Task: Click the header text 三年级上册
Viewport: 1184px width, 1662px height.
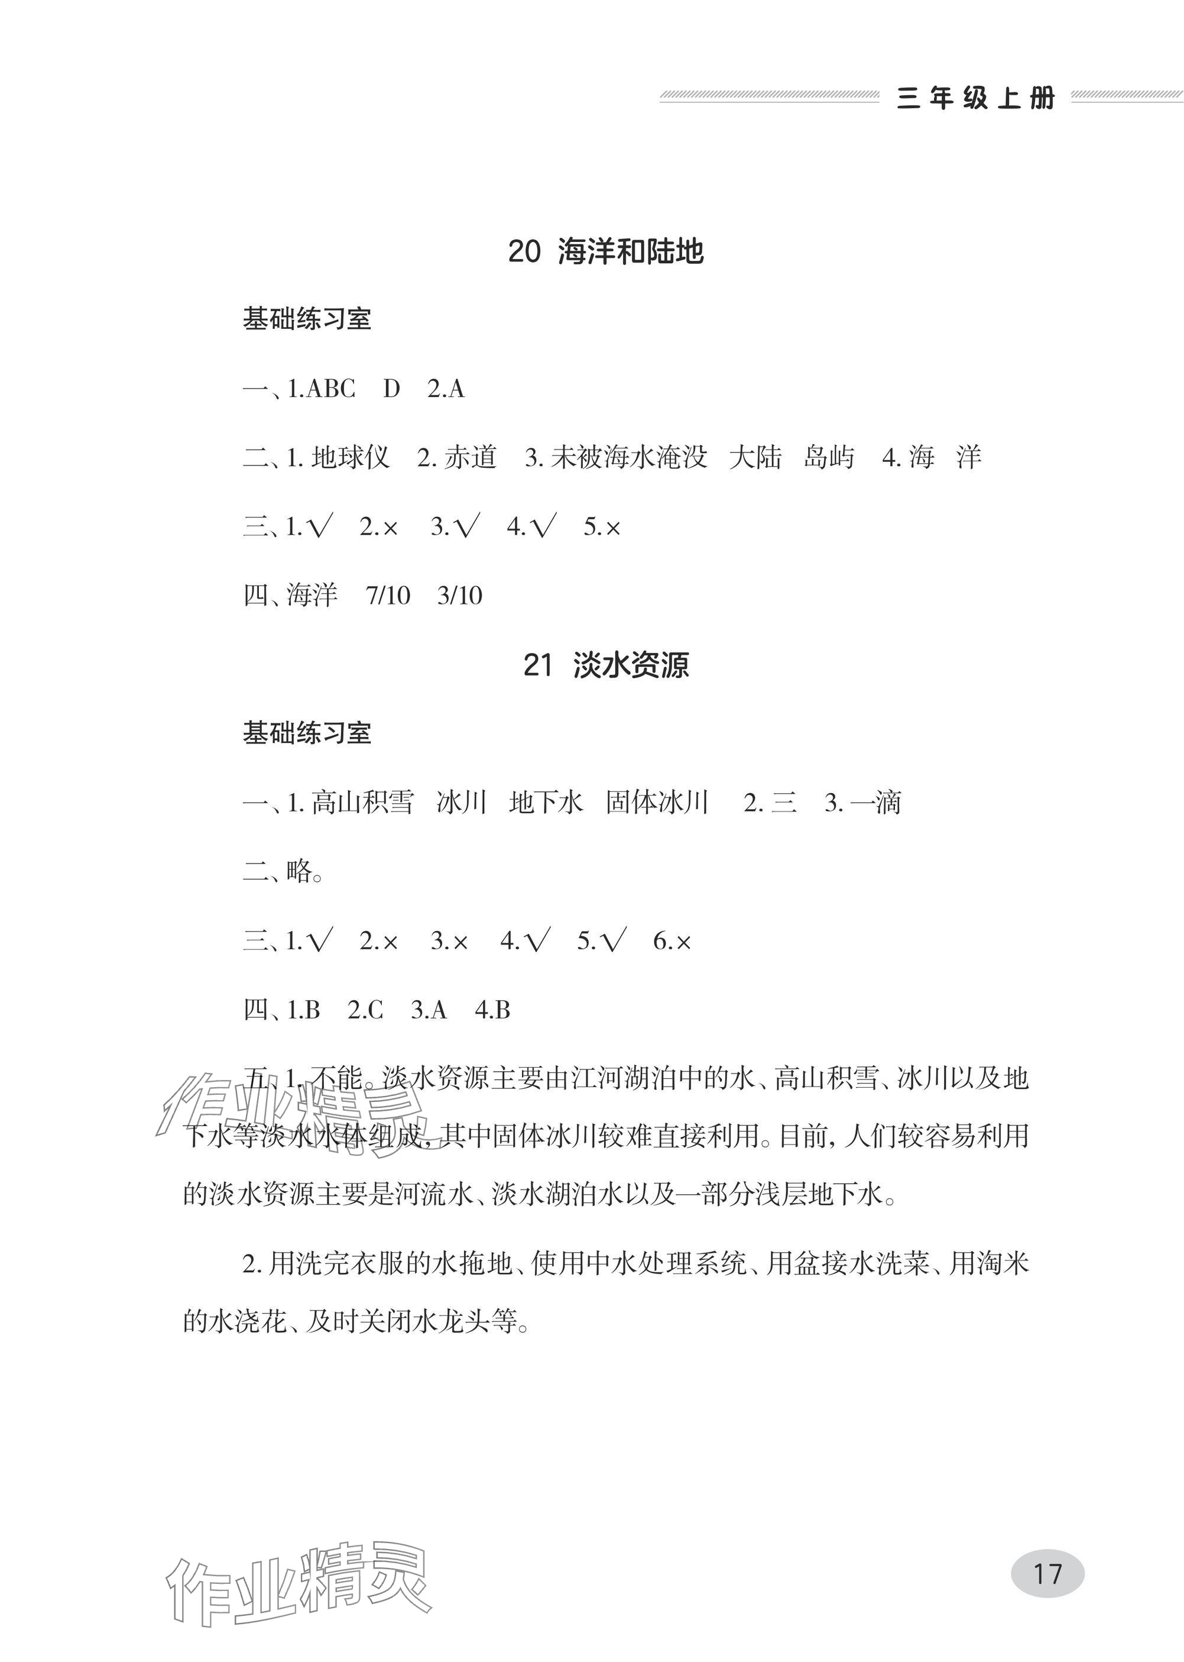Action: point(975,98)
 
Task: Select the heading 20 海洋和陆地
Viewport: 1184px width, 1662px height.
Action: point(605,251)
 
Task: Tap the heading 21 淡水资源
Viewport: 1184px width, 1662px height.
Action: point(605,665)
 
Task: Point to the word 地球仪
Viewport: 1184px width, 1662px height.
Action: point(351,458)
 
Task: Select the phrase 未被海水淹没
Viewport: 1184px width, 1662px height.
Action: point(629,458)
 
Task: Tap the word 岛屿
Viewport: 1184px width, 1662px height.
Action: point(829,458)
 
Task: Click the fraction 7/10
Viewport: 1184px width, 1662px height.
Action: point(388,596)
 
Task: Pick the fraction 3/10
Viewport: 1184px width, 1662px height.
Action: point(459,596)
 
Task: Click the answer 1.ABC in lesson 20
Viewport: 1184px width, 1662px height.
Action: point(321,389)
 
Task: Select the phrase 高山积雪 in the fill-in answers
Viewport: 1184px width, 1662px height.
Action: point(362,803)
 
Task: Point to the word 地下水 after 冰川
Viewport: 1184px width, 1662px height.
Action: point(546,803)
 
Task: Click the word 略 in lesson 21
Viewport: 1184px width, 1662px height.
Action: point(300,871)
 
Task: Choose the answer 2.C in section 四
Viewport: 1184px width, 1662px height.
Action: point(365,1010)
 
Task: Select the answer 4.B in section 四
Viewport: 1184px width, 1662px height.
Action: point(492,1010)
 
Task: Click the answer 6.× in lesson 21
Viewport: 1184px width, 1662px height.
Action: point(672,942)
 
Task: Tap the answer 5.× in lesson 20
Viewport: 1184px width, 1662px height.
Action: point(602,526)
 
